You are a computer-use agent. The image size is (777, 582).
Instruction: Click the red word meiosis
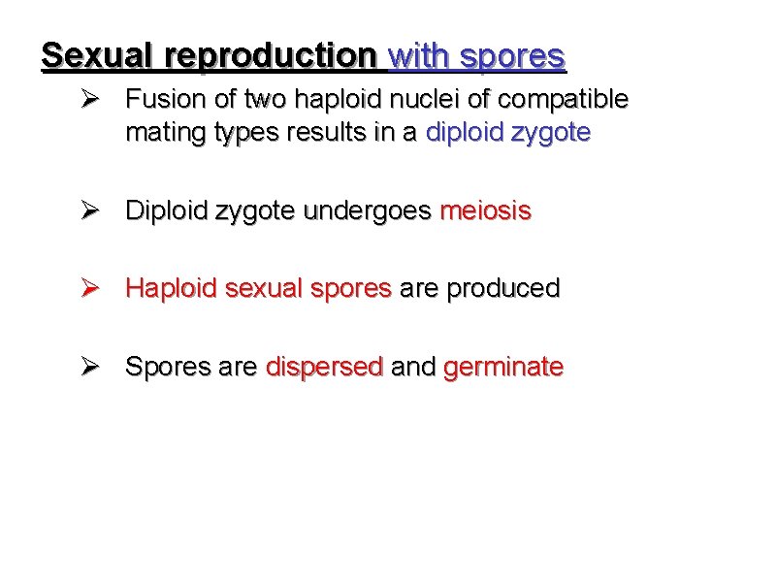485,211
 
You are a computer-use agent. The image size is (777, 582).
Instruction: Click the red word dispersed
324,368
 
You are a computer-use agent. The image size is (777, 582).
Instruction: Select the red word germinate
502,368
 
